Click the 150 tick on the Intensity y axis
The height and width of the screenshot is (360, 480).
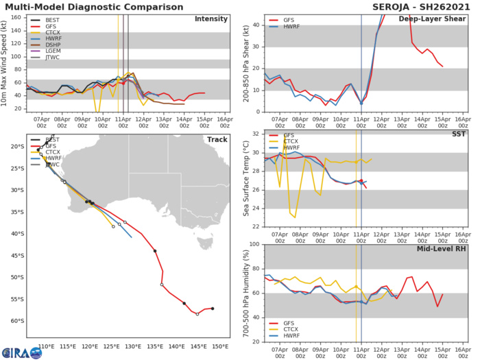click(x=19, y=16)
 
